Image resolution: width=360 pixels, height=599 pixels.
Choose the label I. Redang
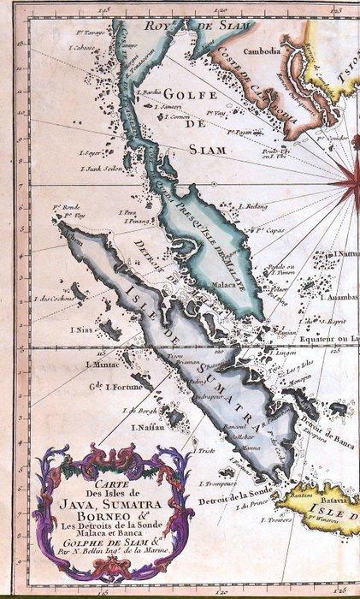(x=256, y=206)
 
